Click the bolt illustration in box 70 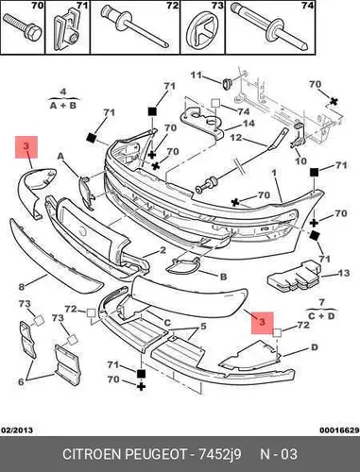(22, 27)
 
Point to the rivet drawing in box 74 (270, 29)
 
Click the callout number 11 (196, 76)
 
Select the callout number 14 (249, 124)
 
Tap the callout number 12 (235, 138)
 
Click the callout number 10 (300, 160)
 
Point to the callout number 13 (343, 273)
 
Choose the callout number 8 (22, 287)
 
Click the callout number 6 (21, 382)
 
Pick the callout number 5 (203, 327)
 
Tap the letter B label (223, 277)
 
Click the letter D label (315, 347)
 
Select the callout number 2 (163, 250)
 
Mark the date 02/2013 (17, 430)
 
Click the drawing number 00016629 (339, 430)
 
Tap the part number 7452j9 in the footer (219, 454)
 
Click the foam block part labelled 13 (294, 277)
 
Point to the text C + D (321, 315)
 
